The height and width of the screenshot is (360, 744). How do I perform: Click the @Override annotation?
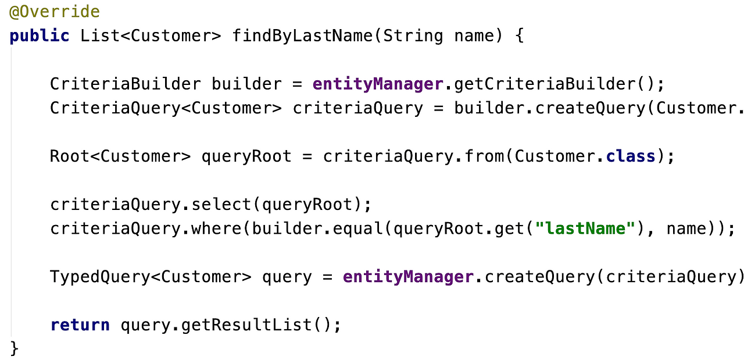[55, 12]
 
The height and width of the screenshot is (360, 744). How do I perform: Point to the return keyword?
[80, 325]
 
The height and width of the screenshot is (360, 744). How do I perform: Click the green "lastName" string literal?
[585, 229]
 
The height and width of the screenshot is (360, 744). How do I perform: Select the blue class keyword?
[631, 156]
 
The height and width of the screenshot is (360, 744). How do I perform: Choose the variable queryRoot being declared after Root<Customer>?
[246, 157]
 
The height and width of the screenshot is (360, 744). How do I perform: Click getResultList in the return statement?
[246, 325]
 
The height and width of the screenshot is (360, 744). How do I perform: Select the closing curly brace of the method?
[15, 349]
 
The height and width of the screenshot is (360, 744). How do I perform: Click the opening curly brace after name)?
[520, 36]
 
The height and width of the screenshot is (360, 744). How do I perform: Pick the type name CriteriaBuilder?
[126, 84]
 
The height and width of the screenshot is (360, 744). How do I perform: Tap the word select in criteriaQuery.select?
[221, 205]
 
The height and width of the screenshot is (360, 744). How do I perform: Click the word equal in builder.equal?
[357, 229]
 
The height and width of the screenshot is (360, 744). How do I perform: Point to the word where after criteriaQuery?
[216, 229]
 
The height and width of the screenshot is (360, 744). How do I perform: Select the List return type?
[100, 36]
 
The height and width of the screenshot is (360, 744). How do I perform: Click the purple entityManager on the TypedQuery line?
[408, 277]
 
